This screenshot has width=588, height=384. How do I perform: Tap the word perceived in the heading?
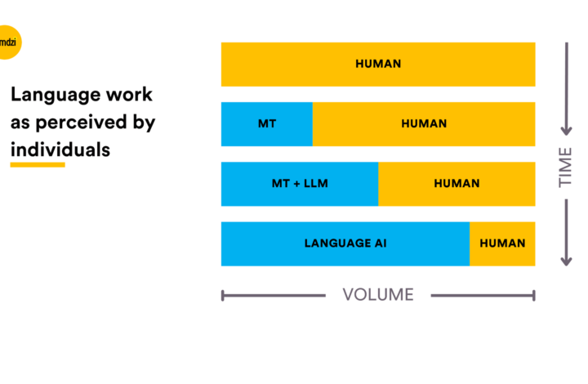point(81,123)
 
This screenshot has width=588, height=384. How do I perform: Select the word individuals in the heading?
point(60,150)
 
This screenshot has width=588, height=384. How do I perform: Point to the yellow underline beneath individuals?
point(38,164)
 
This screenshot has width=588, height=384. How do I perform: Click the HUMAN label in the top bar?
point(378,64)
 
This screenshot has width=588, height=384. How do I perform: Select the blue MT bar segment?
point(267,123)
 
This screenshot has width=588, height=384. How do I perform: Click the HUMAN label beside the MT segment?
point(424,123)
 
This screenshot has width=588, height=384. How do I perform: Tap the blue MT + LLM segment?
point(300,184)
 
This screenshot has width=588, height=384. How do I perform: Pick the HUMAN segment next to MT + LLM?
point(457,184)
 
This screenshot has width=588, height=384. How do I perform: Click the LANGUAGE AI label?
point(345,243)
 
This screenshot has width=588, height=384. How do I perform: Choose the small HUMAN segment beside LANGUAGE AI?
point(502,243)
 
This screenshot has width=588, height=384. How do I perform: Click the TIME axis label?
point(565,167)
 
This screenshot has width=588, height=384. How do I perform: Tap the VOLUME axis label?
point(378,295)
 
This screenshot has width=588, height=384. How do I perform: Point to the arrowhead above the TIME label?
point(567,131)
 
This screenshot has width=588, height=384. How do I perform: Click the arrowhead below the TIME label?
point(566,261)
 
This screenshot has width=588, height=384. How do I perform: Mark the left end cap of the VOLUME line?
point(223,296)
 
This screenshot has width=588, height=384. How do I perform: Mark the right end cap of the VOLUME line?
point(533,296)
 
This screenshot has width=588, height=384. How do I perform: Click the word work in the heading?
point(129,95)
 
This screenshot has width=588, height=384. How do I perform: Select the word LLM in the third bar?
point(316,183)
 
